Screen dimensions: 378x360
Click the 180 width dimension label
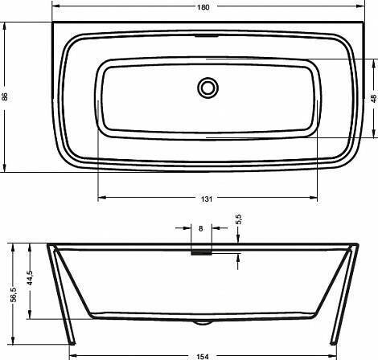203,7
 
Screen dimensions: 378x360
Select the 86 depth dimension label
5,96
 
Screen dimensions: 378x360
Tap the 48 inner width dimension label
374,99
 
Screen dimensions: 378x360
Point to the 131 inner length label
207,199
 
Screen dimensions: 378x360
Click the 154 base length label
203,357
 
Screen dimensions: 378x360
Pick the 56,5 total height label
14,294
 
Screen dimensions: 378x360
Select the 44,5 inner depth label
30,278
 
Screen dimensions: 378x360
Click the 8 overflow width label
201,228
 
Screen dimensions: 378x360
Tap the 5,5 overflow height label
239,219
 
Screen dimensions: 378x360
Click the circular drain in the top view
207,88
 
